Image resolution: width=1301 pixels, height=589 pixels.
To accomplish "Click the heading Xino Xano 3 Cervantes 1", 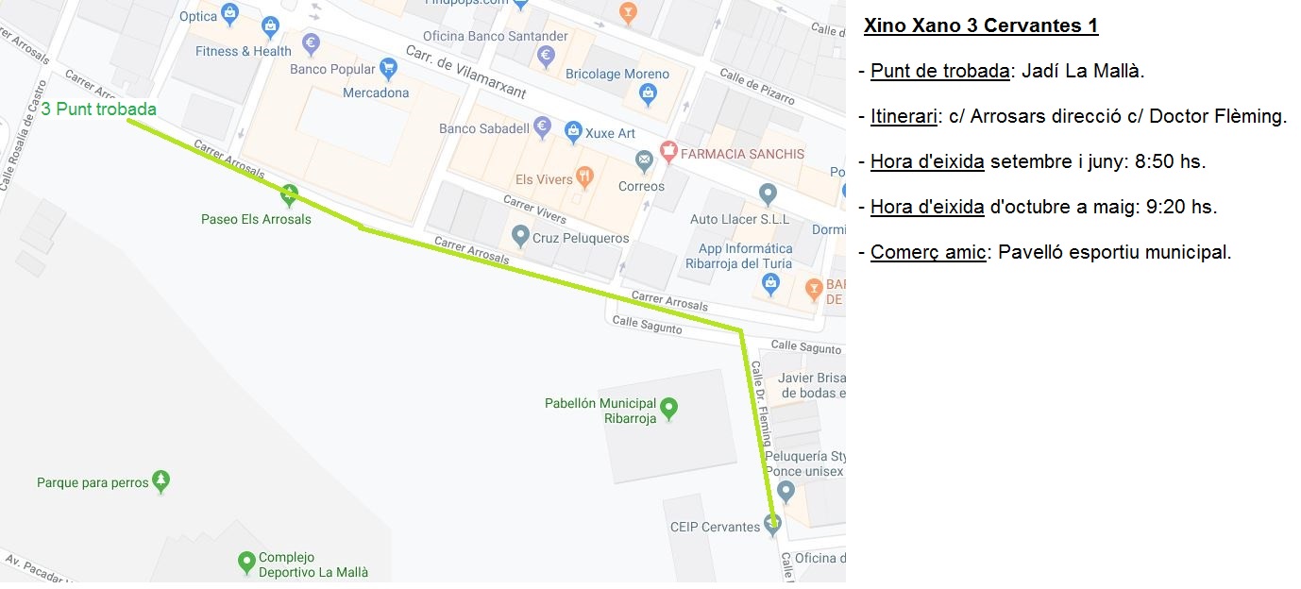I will click(980, 26).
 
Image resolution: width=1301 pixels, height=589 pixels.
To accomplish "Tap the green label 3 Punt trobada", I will click(98, 109).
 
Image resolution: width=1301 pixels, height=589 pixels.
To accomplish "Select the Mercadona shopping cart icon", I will click(388, 68).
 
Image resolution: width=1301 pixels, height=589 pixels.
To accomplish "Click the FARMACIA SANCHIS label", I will click(742, 153).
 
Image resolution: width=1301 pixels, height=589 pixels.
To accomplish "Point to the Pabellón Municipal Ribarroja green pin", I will click(669, 408).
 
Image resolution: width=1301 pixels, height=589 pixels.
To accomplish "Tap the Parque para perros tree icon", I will click(161, 481).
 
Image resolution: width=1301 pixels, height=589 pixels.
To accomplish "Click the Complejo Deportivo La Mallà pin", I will click(245, 563).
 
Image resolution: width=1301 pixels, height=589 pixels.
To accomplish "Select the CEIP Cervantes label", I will click(715, 527).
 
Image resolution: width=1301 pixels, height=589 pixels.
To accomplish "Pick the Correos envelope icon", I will click(645, 161).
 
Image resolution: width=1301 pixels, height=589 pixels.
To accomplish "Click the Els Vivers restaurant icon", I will click(584, 176).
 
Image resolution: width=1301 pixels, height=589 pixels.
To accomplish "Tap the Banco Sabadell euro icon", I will click(542, 126).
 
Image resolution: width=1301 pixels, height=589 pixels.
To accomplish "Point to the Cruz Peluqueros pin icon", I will click(519, 234).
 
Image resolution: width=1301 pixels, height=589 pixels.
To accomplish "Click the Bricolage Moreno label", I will click(617, 74).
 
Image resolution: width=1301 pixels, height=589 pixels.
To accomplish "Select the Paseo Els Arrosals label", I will click(256, 219).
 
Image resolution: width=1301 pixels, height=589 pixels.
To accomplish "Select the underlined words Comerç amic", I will click(928, 252).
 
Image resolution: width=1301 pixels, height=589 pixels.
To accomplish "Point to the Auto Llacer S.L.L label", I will click(739, 219).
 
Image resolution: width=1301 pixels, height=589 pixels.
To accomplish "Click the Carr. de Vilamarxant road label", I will click(464, 71).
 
